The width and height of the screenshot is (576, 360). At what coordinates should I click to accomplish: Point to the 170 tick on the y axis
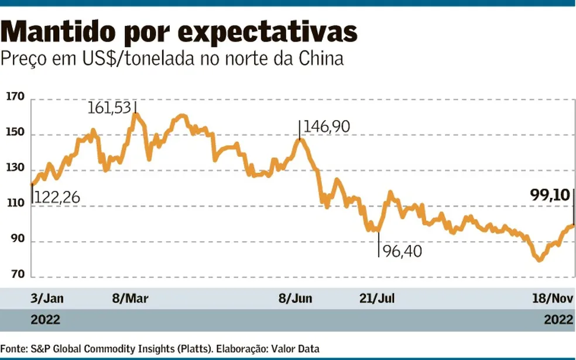[x=15, y=97]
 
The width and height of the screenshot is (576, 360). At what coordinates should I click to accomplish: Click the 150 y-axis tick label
[x=15, y=133]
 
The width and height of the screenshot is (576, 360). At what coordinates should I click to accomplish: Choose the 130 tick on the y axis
[x=15, y=169]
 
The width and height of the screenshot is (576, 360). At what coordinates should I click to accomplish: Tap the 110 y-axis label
[x=15, y=204]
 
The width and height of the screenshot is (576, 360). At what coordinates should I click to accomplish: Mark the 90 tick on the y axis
[x=18, y=240]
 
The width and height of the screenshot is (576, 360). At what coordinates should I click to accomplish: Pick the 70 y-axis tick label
[x=18, y=276]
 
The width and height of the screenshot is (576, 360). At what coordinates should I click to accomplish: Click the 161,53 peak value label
[x=109, y=108]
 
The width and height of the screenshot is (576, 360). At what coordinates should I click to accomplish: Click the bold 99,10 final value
[x=548, y=195]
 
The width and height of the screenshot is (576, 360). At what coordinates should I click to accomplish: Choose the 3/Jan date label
[x=47, y=299]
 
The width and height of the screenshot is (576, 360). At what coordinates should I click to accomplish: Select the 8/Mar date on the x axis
[x=131, y=299]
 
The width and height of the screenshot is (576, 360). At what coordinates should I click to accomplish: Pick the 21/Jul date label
[x=377, y=299]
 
